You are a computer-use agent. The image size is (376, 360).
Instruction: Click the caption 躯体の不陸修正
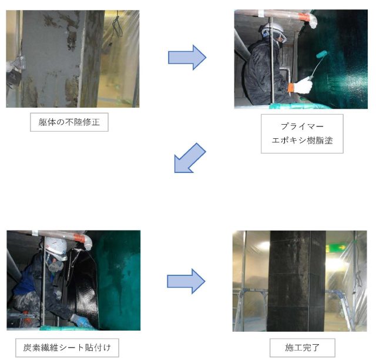69,122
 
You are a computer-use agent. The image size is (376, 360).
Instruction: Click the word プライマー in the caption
302,126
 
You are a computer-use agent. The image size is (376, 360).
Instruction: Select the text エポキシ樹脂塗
302,142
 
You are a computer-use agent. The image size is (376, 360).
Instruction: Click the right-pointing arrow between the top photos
187,57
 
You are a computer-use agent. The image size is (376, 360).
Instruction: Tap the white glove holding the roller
303,86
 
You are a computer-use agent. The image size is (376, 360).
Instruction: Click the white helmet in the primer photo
273,28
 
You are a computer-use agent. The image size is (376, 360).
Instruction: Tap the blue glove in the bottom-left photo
78,321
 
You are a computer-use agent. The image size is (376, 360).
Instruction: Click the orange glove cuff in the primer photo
291,88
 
